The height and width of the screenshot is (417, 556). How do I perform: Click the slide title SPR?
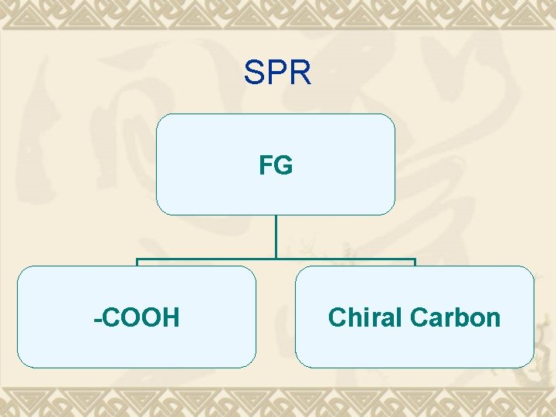[x=277, y=73]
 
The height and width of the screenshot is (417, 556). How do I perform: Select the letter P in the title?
[x=277, y=73]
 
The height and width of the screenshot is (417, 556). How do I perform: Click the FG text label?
[x=276, y=165]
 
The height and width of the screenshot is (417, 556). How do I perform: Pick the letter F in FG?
[x=266, y=165]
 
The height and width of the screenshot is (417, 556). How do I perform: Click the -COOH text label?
[x=137, y=317]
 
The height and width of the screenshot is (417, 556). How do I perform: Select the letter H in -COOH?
[x=171, y=317]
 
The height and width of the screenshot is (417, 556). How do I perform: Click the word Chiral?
[x=366, y=317]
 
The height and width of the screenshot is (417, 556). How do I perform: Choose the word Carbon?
[x=456, y=317]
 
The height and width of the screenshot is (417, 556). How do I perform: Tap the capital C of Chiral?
[x=337, y=317]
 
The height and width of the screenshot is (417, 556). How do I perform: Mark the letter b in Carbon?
[x=465, y=317]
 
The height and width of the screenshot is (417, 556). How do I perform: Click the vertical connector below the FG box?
[x=276, y=236]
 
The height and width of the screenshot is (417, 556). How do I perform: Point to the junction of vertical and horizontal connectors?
[x=276, y=259]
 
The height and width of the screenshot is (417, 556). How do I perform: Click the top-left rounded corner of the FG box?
[x=160, y=118]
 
